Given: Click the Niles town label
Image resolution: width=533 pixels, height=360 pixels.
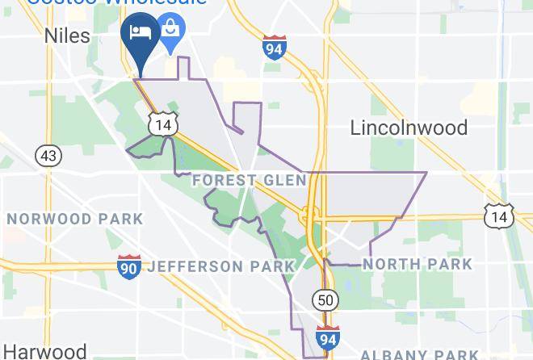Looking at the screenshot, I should [68, 35].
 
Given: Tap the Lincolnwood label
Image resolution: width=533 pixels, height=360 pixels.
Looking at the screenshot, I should [409, 128].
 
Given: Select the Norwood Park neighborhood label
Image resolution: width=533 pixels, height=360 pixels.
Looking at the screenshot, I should [74, 219].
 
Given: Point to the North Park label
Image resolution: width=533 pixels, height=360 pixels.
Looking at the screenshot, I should [417, 264].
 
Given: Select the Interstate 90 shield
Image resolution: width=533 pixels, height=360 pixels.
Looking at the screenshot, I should [128, 267].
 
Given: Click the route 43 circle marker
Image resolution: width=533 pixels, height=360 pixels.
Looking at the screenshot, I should [48, 155].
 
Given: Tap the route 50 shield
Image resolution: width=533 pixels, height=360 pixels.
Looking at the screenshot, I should [324, 299].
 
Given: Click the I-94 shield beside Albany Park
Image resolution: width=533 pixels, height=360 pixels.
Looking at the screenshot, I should [328, 337].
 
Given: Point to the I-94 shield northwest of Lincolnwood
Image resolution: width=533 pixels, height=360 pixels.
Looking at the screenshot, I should [274, 47].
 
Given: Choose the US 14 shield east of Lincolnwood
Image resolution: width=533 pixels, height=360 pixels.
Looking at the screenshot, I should [498, 216].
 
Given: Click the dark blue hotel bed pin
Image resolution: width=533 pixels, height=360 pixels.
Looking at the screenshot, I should [141, 34].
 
